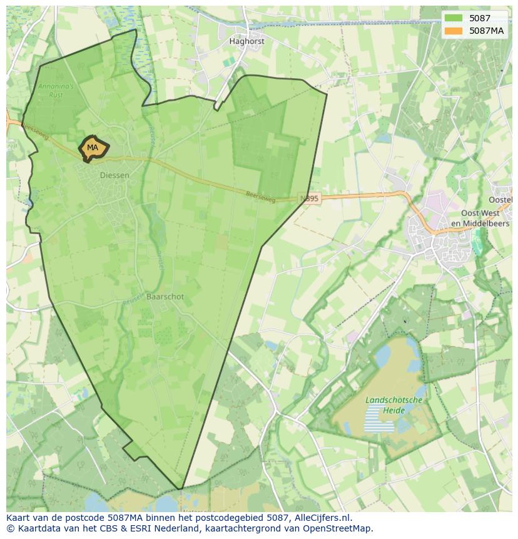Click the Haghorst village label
246,41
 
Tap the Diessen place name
114,175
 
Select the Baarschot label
165,297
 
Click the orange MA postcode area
93,148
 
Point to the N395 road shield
309,198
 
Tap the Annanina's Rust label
56,91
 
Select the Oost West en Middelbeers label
480,218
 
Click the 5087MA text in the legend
487,31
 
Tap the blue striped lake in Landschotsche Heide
379,418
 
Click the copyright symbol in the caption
10,528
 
